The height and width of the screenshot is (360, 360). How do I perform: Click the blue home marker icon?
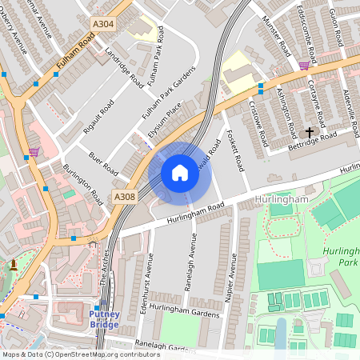point(180,172)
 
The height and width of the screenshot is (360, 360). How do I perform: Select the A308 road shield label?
point(125,196)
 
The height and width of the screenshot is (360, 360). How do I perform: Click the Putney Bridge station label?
point(105,319)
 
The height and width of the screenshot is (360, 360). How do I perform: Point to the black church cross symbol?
point(310,132)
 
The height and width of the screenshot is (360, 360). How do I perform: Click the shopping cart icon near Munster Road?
point(304,66)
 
